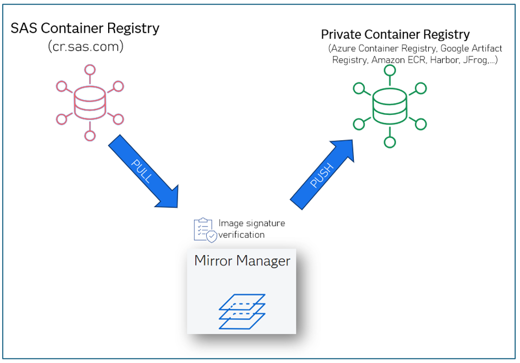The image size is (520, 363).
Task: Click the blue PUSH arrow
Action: point(322,174)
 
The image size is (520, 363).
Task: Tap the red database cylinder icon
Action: point(90,103)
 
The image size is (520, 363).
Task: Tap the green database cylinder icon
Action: point(390,106)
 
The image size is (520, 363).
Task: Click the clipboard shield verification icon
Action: point(204,230)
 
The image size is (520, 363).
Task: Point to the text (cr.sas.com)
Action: point(85,47)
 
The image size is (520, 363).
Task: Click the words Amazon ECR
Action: point(399,60)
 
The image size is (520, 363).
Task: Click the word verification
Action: point(242,234)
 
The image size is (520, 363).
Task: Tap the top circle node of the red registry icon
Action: point(90,70)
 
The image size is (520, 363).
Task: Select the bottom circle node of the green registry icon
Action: point(390,142)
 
